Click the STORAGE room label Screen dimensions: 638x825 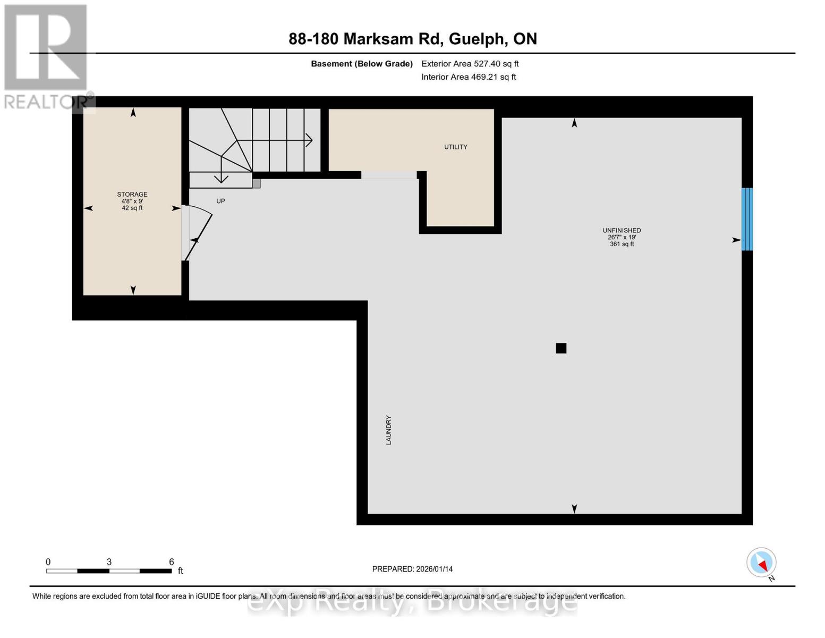coord(132,195)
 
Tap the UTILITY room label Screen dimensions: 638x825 coord(456,147)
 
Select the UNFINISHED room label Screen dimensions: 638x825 coord(622,231)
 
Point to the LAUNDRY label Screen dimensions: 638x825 coord(388,430)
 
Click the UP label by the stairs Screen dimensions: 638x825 coord(220,202)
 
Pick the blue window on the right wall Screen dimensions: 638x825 coord(747,219)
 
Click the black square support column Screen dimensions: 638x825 coord(561,348)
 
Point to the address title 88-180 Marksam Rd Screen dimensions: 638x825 coord(413,39)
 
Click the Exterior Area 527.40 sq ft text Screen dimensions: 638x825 coord(470,64)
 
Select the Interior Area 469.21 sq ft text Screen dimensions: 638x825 coord(469,77)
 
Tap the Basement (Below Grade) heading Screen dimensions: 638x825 coord(362,64)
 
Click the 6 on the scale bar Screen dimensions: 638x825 coord(172,562)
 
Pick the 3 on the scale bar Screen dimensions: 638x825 coord(109,562)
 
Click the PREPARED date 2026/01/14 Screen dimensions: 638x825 coord(412,569)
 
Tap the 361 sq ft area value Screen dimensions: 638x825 coord(622,244)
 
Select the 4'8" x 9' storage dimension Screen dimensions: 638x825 coord(132,202)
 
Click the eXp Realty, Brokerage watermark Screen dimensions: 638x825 coord(412,603)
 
